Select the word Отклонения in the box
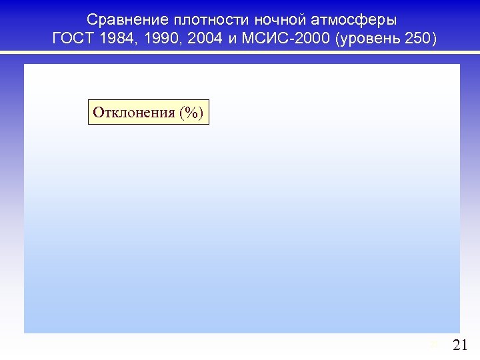click(x=133, y=111)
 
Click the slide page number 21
click(x=460, y=345)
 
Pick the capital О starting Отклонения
click(x=98, y=111)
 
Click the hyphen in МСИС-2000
click(x=289, y=39)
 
